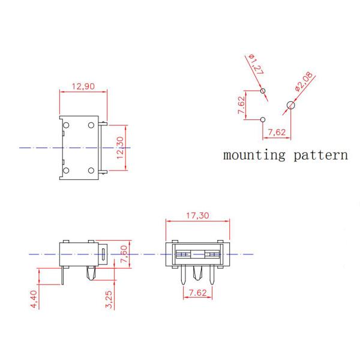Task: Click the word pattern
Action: click(x=320, y=155)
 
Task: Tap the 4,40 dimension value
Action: click(x=33, y=298)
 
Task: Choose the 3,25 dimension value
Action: click(x=109, y=298)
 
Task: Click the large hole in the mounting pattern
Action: click(x=291, y=106)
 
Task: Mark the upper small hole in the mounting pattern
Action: click(x=263, y=91)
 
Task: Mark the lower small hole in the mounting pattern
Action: click(x=263, y=119)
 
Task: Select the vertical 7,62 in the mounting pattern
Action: click(x=241, y=106)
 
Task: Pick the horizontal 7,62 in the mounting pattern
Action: click(x=277, y=132)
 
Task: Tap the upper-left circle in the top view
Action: click(x=67, y=125)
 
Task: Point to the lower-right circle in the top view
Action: click(x=92, y=170)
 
